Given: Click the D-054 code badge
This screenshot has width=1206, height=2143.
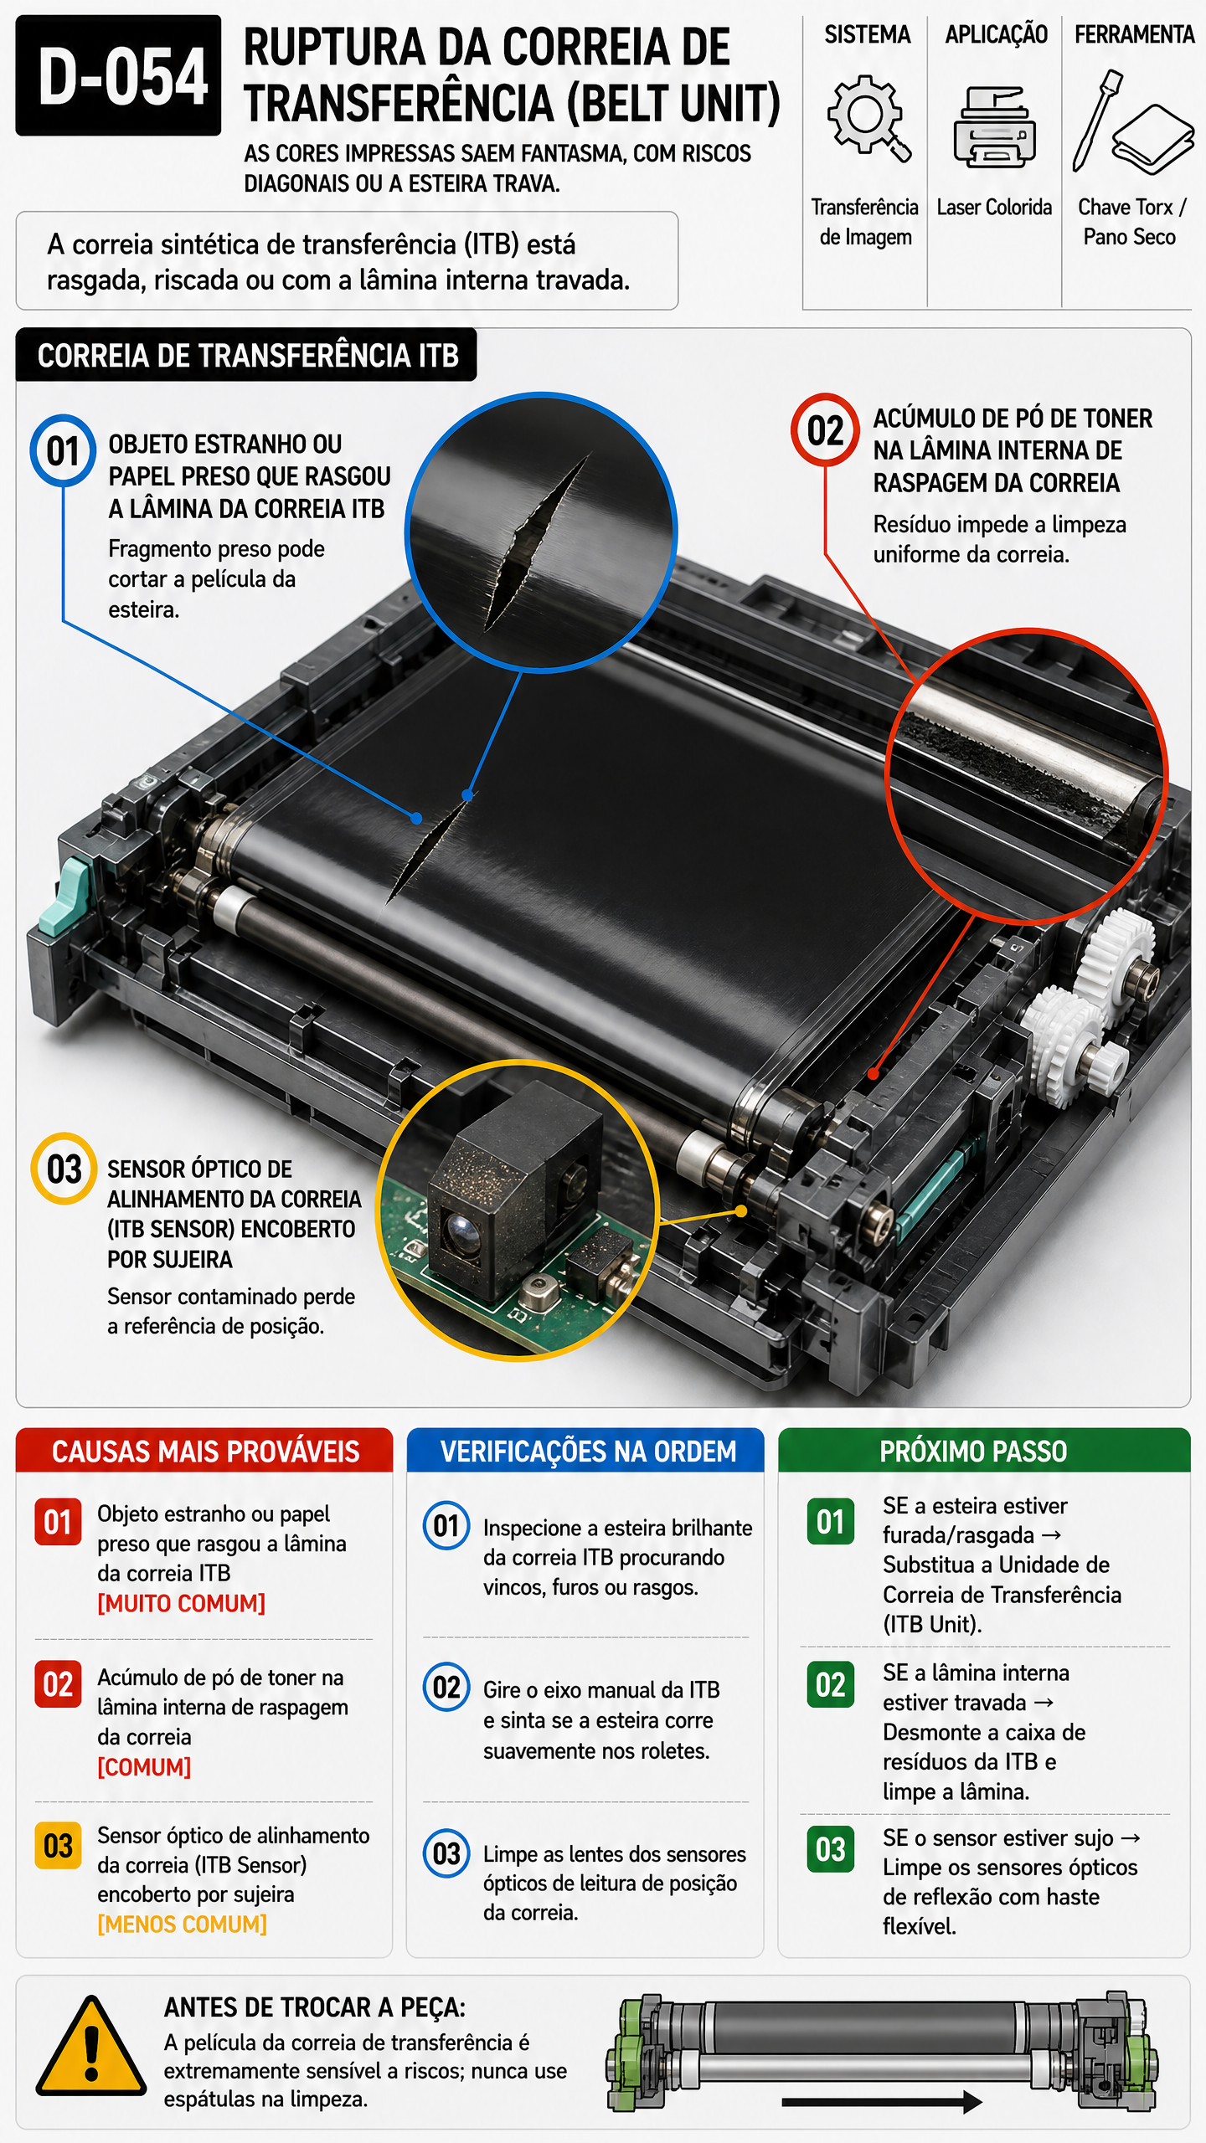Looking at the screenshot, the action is click(118, 75).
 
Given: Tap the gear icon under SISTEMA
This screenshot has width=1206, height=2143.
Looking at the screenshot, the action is click(868, 117).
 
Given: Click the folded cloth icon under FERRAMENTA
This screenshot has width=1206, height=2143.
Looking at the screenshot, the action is click(1153, 139).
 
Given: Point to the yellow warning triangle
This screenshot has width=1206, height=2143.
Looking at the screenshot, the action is click(91, 2045).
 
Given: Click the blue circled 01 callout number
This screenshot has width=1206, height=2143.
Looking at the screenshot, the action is click(63, 450).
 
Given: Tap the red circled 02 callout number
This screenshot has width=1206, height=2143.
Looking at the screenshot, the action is click(825, 429).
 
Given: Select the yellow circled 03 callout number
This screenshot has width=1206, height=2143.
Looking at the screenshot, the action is click(64, 1169).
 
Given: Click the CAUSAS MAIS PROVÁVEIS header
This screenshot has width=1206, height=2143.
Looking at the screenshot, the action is click(204, 1451).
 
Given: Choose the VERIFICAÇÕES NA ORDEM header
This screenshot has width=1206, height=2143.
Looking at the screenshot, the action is click(586, 1451).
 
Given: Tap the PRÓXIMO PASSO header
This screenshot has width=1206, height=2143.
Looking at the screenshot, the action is click(984, 1451).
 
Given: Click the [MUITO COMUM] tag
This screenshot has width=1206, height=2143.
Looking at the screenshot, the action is click(182, 1603).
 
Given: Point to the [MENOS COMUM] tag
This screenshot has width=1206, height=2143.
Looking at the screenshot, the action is click(183, 1925).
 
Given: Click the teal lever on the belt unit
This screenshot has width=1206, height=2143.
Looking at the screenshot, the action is click(64, 896).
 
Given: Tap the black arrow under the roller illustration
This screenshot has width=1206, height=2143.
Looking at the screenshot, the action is click(881, 2101).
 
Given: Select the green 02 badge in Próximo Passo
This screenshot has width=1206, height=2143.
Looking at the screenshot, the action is click(830, 1684).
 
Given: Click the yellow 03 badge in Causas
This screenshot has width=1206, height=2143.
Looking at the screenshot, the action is click(58, 1846).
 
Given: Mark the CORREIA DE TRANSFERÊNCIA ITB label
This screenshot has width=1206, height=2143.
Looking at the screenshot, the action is click(247, 355).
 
